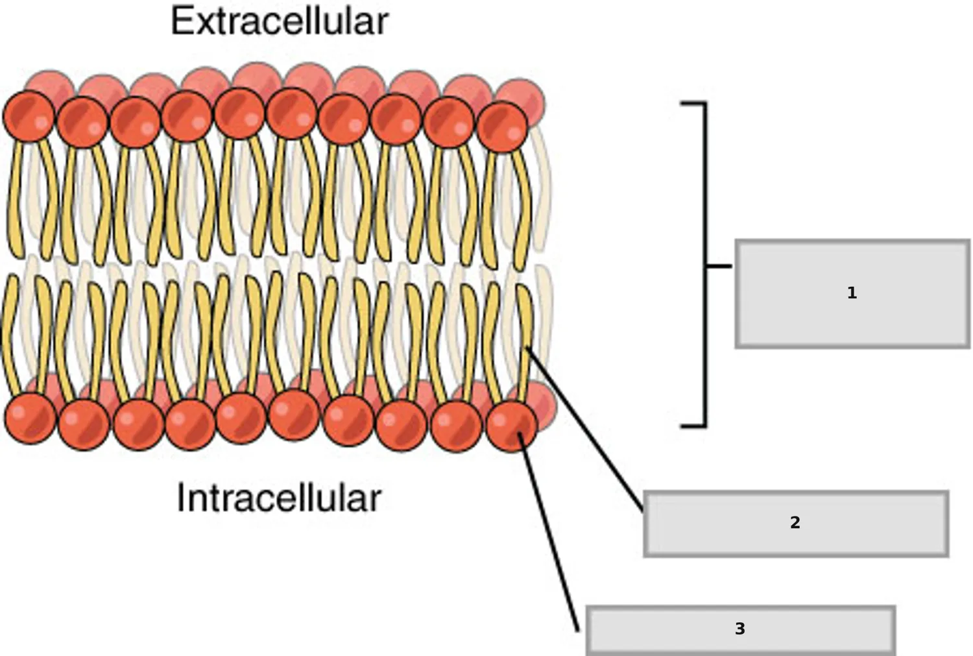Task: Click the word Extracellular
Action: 280,21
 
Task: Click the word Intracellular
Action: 280,499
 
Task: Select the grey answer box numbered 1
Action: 853,294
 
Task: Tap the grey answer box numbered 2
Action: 796,524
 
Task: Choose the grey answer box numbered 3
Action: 741,631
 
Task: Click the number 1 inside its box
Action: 852,293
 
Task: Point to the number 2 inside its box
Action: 795,522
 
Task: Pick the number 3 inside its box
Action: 740,629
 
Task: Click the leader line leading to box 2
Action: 584,430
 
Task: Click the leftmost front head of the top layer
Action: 29,116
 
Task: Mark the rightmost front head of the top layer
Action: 503,127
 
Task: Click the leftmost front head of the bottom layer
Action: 30,419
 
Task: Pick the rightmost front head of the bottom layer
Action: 512,427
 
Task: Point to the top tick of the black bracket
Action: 693,103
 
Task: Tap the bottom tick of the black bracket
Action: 693,426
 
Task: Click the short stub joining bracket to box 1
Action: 719,265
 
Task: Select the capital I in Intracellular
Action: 180,499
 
